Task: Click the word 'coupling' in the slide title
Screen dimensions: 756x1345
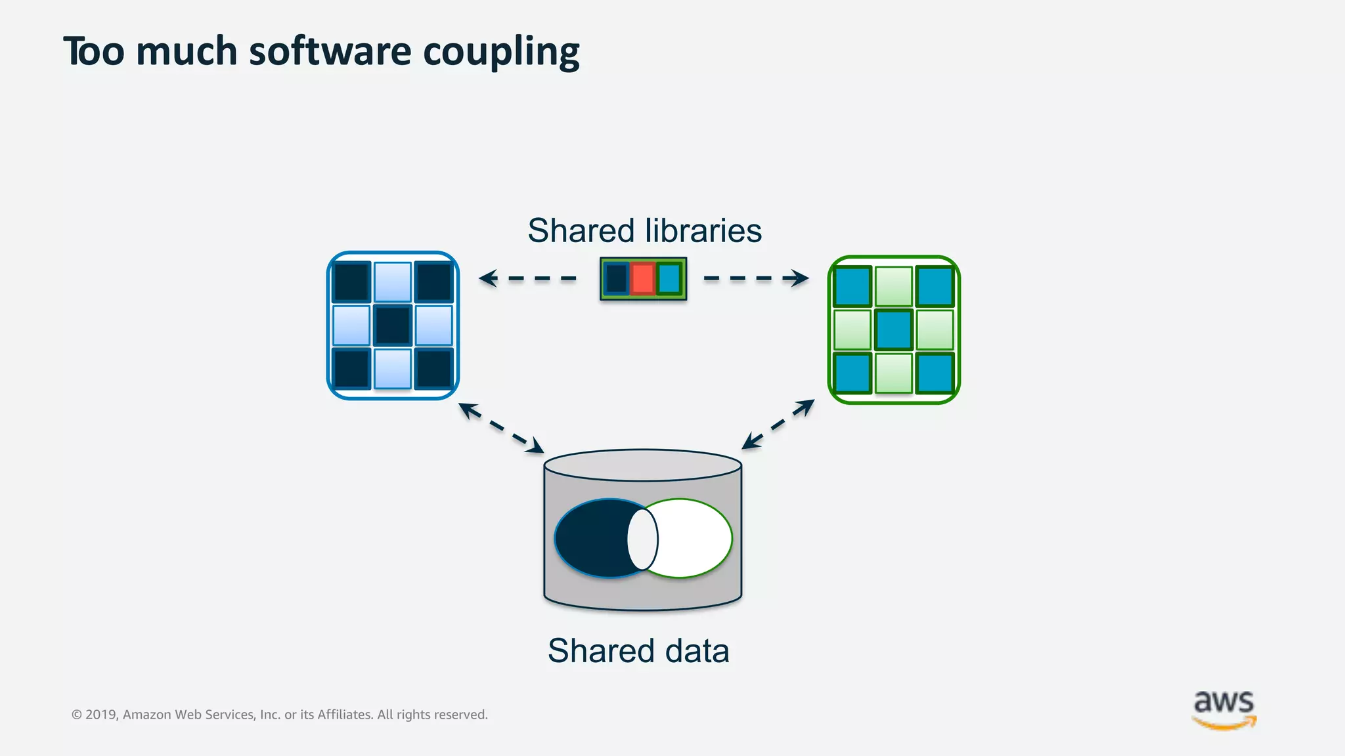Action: (x=501, y=52)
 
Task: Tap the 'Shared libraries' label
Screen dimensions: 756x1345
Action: (x=644, y=231)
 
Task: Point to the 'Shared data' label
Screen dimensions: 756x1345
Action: (x=638, y=651)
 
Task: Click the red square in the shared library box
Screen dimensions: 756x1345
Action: (x=642, y=279)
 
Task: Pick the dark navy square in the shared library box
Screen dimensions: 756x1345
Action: (x=616, y=279)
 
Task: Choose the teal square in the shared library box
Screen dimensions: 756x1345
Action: (x=669, y=279)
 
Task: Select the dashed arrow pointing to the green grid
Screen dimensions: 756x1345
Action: (x=756, y=278)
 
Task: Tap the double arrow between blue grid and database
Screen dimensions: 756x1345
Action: (x=501, y=428)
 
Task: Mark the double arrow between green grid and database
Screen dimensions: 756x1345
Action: (x=778, y=425)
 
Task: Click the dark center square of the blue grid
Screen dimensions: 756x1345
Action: (x=393, y=325)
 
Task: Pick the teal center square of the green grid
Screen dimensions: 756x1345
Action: (x=894, y=330)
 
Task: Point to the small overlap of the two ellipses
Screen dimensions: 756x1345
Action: (x=642, y=539)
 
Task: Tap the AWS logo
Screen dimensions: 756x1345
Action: (x=1224, y=709)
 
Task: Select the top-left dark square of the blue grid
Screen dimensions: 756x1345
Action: (x=351, y=282)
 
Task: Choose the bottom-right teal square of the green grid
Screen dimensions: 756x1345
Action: (x=935, y=373)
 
